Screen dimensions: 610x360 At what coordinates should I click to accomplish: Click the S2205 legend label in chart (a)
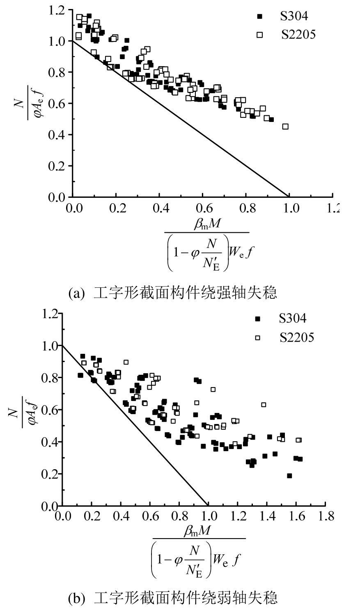298,35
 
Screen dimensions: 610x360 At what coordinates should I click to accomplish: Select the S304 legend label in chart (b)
293,319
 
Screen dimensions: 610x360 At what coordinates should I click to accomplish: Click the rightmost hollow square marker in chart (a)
285,126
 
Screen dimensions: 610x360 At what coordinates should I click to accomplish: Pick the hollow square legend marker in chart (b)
258,337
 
